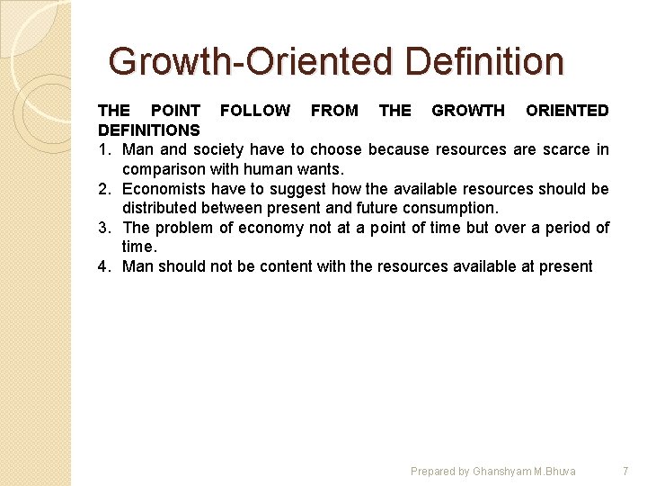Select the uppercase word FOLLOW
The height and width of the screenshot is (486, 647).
(255, 111)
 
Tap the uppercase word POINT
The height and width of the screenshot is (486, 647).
(176, 111)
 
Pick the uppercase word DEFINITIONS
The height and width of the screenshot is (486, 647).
(149, 130)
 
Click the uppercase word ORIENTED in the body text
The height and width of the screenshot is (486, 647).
(567, 111)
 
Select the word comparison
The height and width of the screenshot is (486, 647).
(163, 169)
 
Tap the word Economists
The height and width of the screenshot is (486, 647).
(164, 189)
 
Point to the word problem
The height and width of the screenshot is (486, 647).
(184, 228)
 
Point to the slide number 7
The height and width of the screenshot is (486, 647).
(625, 471)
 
